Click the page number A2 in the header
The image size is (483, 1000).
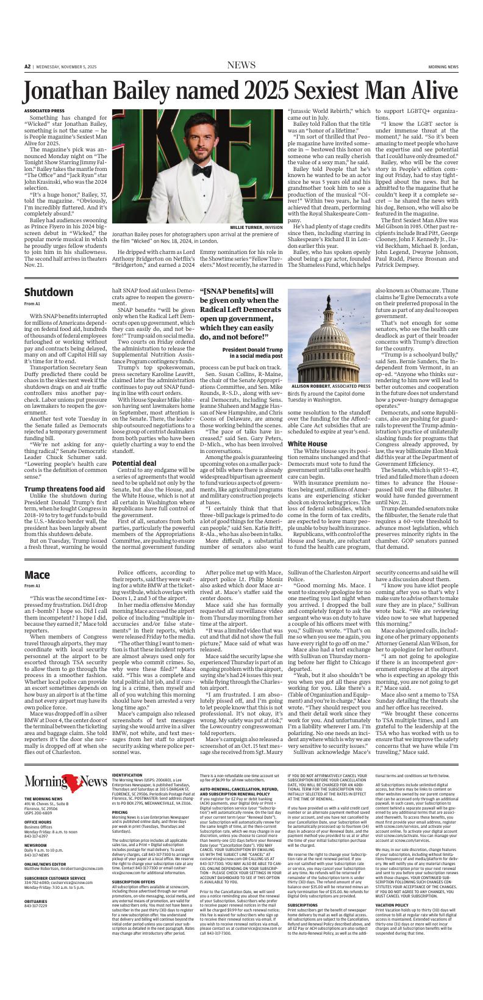pos(27,66)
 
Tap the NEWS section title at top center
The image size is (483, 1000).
pos(241,65)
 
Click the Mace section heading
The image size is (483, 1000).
pos(37,574)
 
